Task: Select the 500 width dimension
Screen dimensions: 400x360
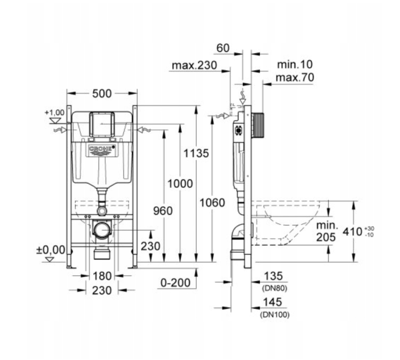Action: point(102,93)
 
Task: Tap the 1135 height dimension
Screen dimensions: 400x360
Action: point(196,153)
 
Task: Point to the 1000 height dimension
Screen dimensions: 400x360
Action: point(180,183)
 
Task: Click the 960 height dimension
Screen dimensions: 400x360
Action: point(163,211)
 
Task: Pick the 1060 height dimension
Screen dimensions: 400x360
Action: point(212,203)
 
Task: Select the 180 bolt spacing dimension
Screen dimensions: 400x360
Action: point(102,276)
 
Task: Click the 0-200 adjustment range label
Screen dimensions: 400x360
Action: point(175,283)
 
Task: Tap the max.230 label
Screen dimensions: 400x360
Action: point(195,66)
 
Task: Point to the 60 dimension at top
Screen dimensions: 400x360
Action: point(223,48)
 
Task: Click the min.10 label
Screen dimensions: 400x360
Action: point(295,64)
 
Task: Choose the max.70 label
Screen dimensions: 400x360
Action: point(295,77)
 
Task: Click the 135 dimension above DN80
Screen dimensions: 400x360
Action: point(273,276)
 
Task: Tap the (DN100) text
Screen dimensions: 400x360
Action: point(275,314)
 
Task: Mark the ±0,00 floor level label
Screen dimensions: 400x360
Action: point(51,249)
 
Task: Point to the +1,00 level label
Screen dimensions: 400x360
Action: point(55,112)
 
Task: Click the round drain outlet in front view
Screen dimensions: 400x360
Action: point(102,230)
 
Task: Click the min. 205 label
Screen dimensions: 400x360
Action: point(327,231)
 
